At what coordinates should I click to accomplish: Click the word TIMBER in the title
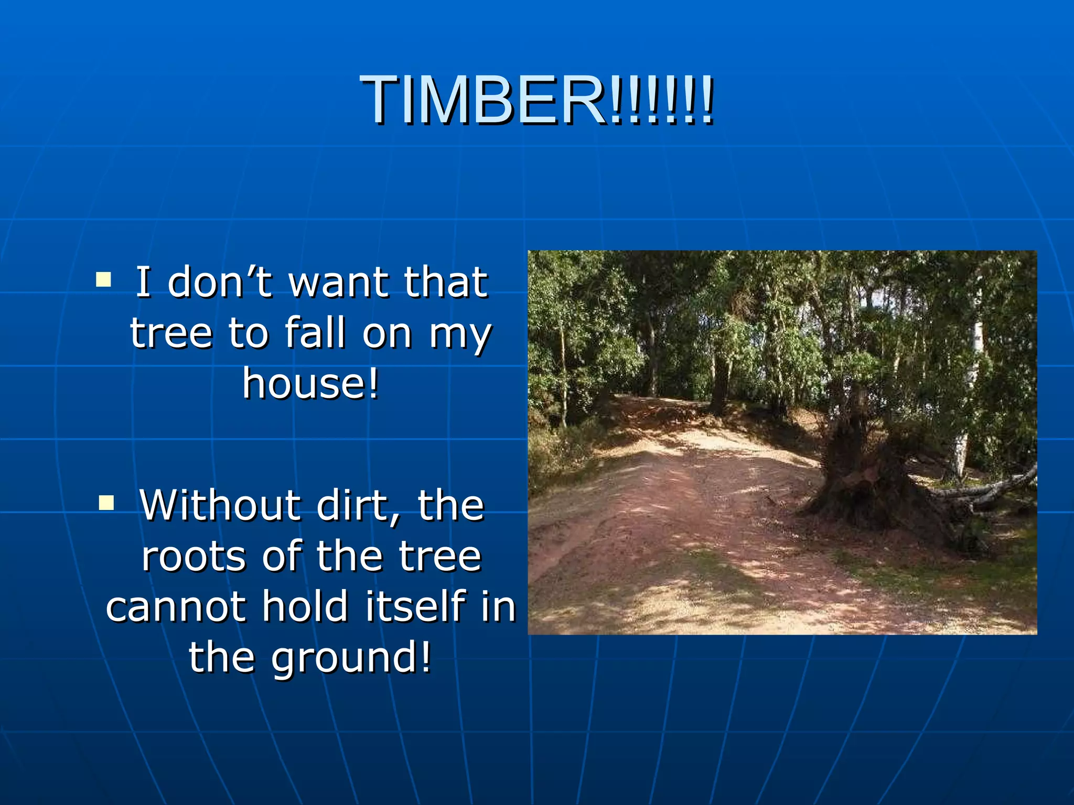click(482, 100)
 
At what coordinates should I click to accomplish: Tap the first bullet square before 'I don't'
click(103, 279)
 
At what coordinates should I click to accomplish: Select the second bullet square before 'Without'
click(106, 503)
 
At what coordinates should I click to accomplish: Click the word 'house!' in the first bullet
click(310, 383)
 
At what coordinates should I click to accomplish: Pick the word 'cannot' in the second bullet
click(176, 606)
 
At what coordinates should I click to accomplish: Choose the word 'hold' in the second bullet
click(305, 606)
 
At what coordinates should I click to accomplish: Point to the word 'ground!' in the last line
click(351, 657)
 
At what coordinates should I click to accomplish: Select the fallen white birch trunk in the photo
click(986, 487)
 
